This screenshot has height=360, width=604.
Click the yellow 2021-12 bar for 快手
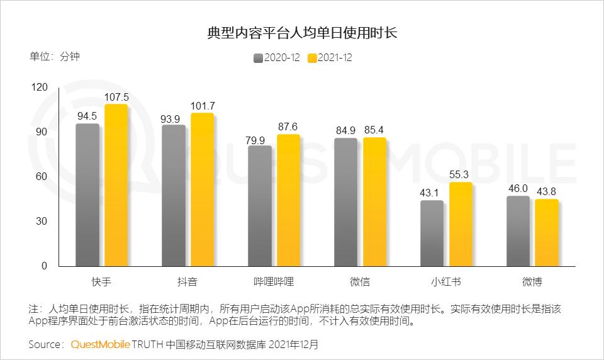coord(116,185)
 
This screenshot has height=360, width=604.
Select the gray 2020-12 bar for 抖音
coord(174,195)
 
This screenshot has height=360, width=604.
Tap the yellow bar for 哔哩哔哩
coord(288,200)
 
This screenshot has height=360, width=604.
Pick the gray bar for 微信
coord(345,202)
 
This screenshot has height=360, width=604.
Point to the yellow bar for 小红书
coord(461,224)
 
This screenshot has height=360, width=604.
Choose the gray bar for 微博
coord(518,231)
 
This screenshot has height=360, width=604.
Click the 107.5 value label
coord(116,97)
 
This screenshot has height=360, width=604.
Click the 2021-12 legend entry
coord(330,58)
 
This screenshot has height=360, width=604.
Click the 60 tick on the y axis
coord(42,176)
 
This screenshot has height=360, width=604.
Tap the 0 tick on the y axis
coord(44,266)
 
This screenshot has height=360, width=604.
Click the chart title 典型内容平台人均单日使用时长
coord(302,33)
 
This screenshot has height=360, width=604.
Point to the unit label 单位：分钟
coord(55,56)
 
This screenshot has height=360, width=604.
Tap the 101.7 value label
coord(203,105)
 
